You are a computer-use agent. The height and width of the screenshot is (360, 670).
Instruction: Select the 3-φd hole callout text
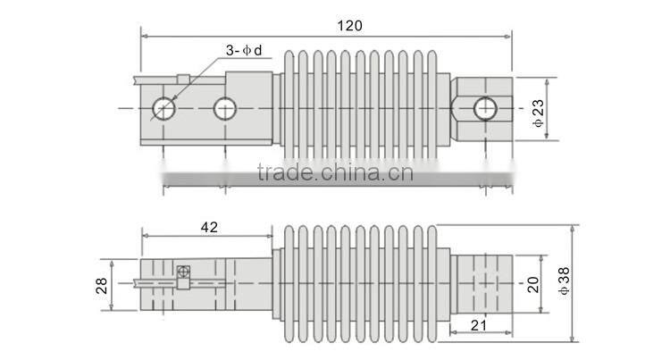243,50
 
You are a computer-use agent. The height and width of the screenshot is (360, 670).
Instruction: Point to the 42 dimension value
209,229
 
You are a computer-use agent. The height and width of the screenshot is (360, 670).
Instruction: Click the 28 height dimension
102,285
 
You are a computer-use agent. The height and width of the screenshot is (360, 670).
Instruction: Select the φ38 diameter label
563,284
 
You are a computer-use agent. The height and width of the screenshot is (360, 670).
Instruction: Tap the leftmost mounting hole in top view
164,108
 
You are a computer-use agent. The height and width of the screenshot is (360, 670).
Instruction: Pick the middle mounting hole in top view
224,108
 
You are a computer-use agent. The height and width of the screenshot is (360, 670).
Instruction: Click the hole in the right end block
483,108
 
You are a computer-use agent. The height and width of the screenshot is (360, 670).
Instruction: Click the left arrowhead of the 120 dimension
146,37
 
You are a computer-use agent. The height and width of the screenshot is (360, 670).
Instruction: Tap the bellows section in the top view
359,107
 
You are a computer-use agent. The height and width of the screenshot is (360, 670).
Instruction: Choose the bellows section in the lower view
359,283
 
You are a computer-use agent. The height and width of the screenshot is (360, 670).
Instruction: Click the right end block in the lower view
482,283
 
